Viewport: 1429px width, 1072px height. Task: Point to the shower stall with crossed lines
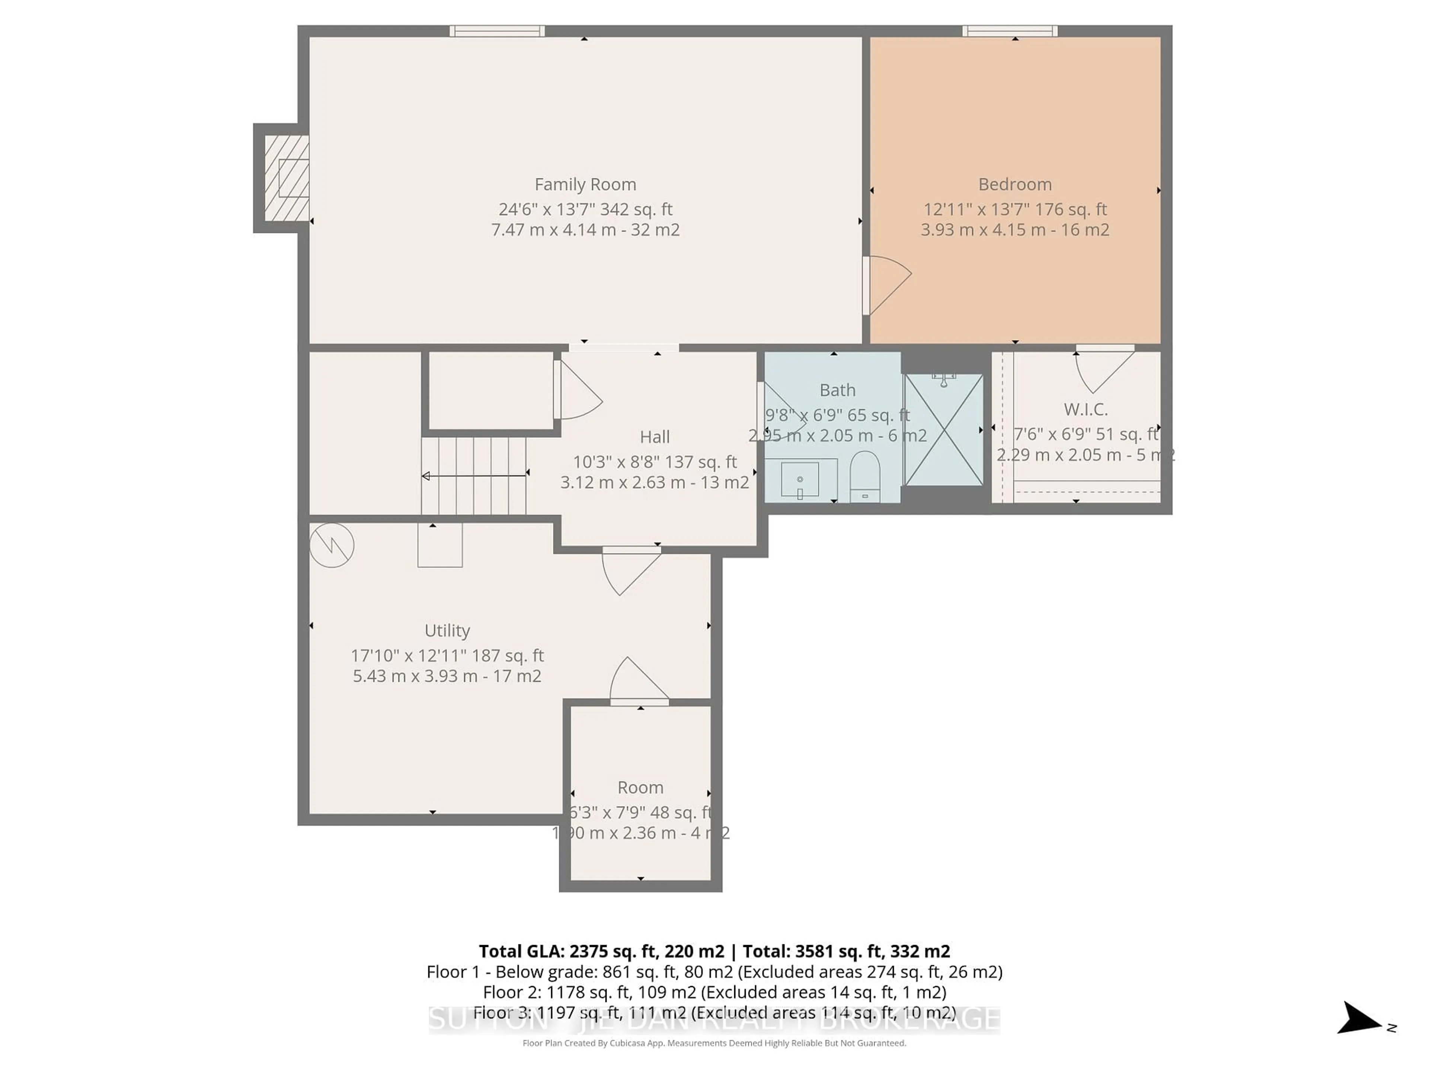(x=944, y=430)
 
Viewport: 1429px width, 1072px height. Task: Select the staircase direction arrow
(x=475, y=476)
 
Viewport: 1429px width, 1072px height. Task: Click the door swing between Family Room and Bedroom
(x=886, y=284)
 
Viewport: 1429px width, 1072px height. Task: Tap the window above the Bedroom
(x=1010, y=31)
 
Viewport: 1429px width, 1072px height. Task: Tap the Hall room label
(x=655, y=437)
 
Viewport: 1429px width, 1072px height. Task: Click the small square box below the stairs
(x=440, y=546)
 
